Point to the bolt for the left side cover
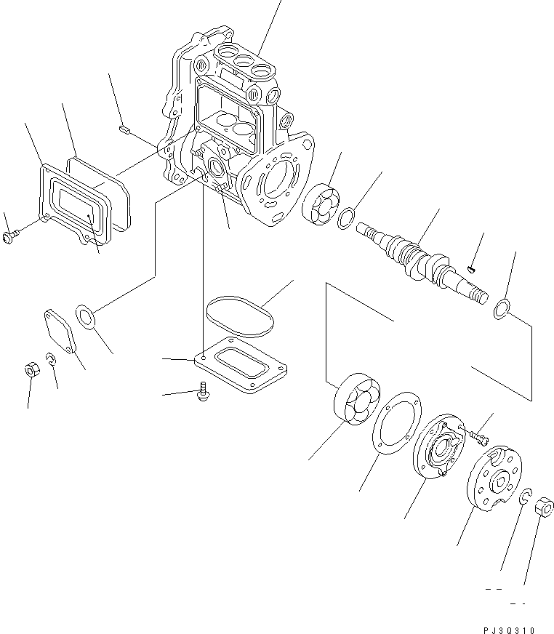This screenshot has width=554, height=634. [x=12, y=236]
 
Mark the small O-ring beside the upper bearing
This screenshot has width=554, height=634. [x=348, y=216]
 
